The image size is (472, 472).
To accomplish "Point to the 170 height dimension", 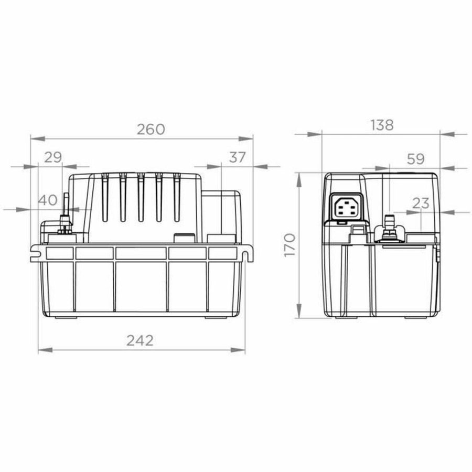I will [x=289, y=244].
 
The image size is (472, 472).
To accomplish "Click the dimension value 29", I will [x=52, y=157].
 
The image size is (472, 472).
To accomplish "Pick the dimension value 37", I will [x=237, y=157].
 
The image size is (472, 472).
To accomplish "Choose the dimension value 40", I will [x=48, y=200].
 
